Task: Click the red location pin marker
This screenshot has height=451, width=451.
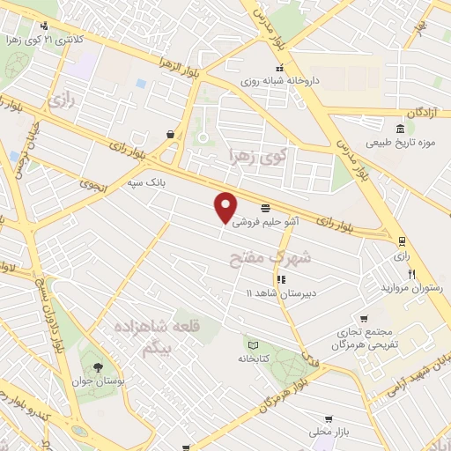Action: [226, 206]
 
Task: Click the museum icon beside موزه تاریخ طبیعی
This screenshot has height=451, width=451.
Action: [401, 130]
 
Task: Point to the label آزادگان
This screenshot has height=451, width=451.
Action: [424, 115]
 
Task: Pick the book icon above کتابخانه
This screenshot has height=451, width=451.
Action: [253, 344]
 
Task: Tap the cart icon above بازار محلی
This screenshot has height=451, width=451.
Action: [329, 419]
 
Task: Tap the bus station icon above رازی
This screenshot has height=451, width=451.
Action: [403, 240]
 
